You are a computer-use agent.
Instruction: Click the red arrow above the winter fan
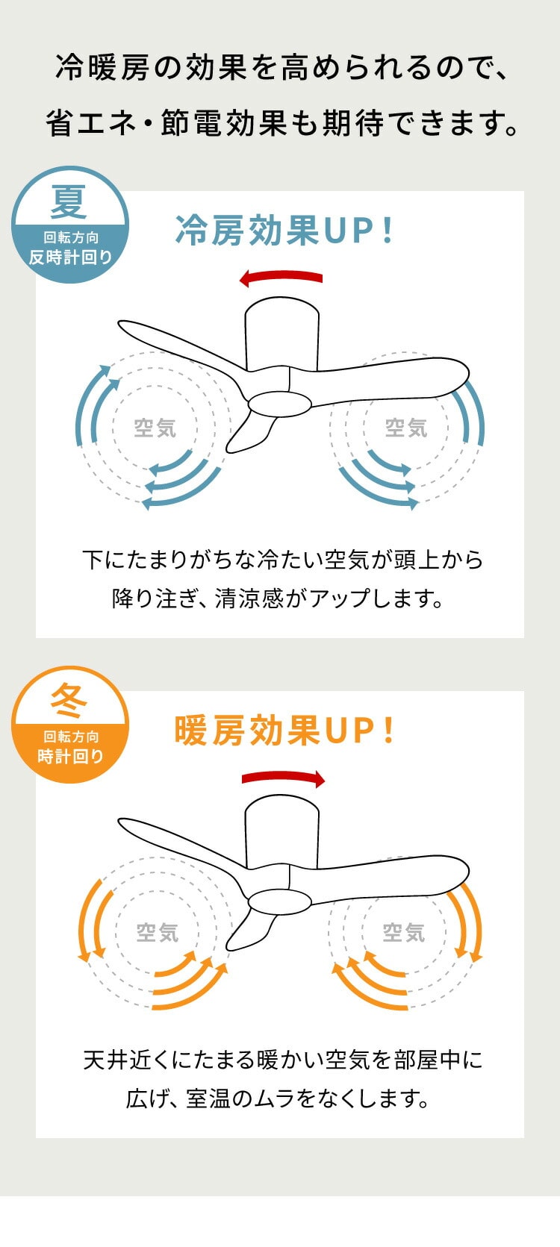click(x=283, y=778)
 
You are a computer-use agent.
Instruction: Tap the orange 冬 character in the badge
click(x=69, y=701)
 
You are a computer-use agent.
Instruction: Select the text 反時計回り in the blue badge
click(x=70, y=257)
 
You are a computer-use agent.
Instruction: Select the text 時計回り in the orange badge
click(x=70, y=756)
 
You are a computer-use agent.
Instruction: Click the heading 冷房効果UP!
click(x=284, y=231)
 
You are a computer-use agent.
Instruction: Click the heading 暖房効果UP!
click(x=284, y=731)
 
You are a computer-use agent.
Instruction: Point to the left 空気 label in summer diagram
click(x=155, y=428)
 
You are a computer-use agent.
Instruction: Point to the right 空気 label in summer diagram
click(x=405, y=428)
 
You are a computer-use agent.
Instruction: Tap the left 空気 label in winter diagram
click(x=157, y=933)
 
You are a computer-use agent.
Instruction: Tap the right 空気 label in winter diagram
click(x=403, y=933)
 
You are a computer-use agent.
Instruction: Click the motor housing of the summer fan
click(x=282, y=334)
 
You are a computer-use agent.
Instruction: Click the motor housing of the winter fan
click(x=282, y=832)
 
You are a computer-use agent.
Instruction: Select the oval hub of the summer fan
click(x=279, y=402)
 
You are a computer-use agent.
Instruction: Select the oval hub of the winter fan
click(x=279, y=901)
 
